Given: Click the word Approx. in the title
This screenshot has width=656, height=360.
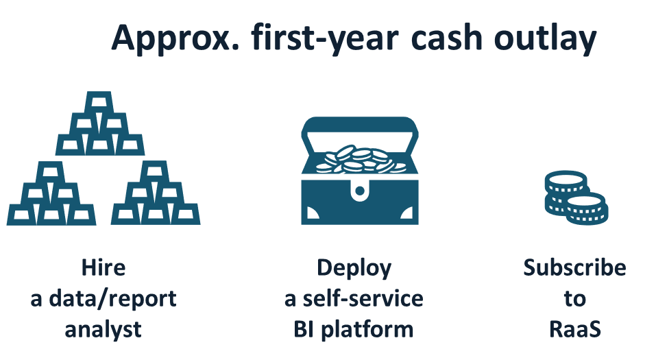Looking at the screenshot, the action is [x=175, y=38].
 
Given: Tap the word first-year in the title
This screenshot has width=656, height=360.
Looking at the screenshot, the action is [x=325, y=38].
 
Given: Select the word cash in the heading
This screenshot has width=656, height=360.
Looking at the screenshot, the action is [x=447, y=38].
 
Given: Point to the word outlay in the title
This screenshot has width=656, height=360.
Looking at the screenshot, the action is [x=545, y=38].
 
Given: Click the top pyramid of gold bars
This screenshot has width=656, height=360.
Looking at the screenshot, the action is [x=100, y=123].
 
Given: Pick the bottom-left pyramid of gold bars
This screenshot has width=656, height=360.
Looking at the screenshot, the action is [x=51, y=193].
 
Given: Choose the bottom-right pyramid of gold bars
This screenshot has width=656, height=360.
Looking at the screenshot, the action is [x=156, y=193].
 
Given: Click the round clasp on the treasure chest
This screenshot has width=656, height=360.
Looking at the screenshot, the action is [x=359, y=191].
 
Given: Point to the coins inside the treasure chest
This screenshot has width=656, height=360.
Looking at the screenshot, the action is [x=360, y=159].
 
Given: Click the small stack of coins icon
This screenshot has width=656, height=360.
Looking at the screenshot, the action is [x=576, y=197].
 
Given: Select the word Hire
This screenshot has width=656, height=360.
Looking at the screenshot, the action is [x=104, y=267].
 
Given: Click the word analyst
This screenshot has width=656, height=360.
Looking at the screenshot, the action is [x=103, y=331].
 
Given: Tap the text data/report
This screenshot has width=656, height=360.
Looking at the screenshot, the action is [x=113, y=299].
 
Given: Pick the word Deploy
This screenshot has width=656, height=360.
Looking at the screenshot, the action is [x=354, y=268].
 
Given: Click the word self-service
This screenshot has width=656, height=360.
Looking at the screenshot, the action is [x=363, y=298].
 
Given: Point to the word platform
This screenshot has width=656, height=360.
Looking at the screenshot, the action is [x=367, y=331].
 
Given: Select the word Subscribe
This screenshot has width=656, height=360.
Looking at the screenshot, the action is [x=575, y=267].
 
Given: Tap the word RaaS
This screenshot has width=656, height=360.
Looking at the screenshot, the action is [x=575, y=329].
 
